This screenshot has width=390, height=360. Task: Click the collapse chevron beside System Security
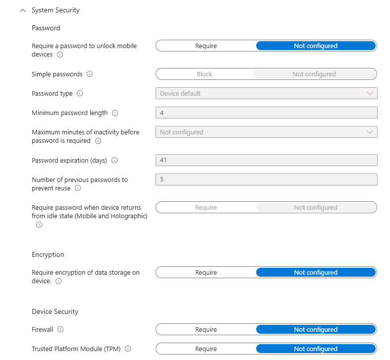click(22, 10)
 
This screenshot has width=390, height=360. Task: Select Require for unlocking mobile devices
click(206, 46)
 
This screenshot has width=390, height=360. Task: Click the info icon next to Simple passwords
click(90, 74)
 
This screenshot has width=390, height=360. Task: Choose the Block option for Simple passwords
click(204, 74)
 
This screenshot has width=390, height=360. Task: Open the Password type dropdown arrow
click(370, 93)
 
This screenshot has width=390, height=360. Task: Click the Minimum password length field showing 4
click(266, 113)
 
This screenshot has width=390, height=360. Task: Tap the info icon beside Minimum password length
click(115, 113)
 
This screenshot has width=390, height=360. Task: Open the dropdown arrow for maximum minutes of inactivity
click(370, 132)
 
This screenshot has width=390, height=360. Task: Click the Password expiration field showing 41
click(266, 160)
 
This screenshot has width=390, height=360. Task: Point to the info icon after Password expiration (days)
click(114, 161)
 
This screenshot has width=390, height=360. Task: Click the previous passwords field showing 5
click(266, 180)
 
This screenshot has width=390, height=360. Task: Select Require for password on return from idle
click(206, 208)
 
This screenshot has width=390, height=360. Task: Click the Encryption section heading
click(48, 254)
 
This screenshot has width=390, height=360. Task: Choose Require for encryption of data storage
click(206, 273)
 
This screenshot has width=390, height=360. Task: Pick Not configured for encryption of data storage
click(315, 273)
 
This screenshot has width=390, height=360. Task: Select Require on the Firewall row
click(206, 330)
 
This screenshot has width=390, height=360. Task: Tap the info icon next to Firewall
click(61, 329)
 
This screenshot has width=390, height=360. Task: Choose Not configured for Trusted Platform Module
click(315, 349)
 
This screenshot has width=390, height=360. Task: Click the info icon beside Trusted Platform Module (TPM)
click(128, 349)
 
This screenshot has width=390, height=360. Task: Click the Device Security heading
click(55, 311)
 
